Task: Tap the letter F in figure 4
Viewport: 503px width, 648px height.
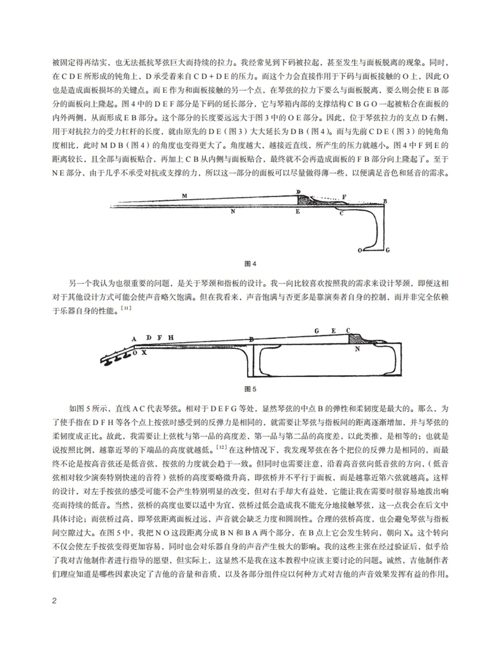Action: pos(344,196)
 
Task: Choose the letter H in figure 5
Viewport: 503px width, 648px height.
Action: pos(171,336)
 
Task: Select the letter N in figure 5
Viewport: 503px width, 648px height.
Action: pos(357,349)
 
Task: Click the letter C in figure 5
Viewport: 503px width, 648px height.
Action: pos(348,329)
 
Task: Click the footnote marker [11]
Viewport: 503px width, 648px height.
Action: pos(127,308)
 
